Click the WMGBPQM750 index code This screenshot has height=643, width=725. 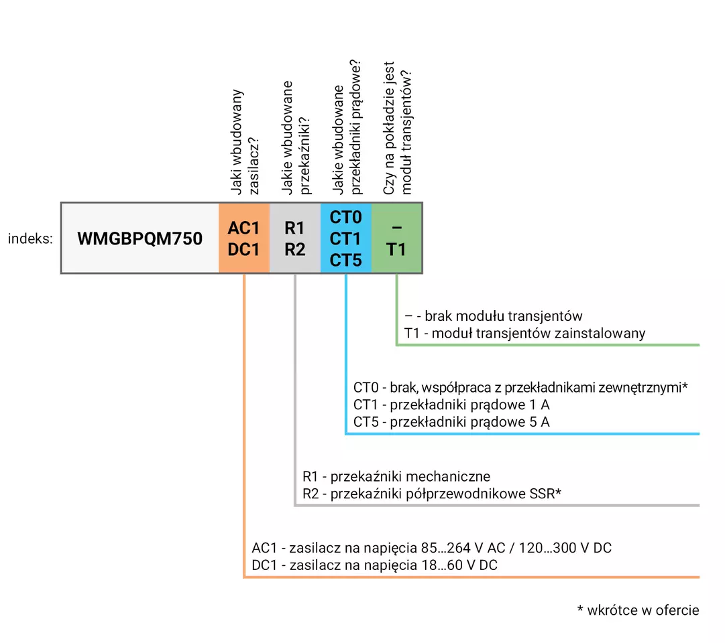tap(140, 238)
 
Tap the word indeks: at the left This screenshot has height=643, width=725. tap(31, 238)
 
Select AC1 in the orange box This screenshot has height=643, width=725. tap(243, 228)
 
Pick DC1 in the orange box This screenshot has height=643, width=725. tap(243, 249)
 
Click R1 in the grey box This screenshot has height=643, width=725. tap(294, 228)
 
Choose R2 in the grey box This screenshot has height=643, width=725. tap(294, 249)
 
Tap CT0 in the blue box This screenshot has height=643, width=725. tap(346, 217)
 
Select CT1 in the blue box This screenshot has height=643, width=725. tap(345, 239)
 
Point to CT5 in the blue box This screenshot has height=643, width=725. tap(346, 260)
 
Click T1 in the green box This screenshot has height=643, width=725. tap(396, 249)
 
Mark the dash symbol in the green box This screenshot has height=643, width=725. tap(397, 228)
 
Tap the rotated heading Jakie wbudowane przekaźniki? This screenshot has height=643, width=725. tap(296, 138)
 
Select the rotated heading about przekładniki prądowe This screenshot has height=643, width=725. tap(347, 127)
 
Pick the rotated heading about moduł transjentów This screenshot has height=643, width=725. tap(397, 128)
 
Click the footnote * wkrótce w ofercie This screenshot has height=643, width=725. tap(638, 610)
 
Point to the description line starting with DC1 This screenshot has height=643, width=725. tap(374, 565)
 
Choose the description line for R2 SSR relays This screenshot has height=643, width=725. tap(432, 494)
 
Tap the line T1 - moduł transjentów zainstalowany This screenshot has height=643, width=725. tap(524, 333)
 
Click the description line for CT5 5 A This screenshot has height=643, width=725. tap(451, 422)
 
